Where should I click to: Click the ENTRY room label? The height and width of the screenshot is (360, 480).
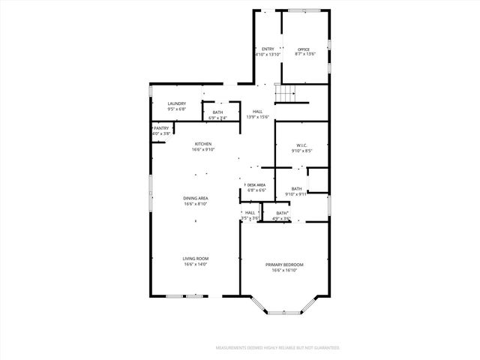268,49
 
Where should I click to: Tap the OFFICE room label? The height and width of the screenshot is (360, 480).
304,49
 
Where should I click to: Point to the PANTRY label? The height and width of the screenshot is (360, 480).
162,128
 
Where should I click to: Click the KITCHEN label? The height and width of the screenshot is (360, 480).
203,144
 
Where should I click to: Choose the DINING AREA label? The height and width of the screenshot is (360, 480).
196,198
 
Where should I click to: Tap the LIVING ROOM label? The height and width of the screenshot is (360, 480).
196,259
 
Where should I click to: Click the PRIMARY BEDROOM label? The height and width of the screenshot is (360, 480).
284,265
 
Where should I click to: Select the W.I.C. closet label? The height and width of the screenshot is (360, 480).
301,145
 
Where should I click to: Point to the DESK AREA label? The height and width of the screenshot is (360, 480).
256,185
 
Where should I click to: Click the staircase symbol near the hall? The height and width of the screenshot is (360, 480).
286,94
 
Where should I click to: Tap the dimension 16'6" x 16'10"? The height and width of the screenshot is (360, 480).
284,270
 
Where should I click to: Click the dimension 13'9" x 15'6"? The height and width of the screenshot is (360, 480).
258,117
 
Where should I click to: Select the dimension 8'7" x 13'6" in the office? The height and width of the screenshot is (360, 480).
304,55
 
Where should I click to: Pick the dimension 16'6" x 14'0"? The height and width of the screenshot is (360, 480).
196,264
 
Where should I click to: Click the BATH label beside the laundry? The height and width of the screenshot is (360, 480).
217,112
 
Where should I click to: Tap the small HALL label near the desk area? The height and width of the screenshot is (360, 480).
250,212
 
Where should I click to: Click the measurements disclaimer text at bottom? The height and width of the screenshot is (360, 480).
277,348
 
